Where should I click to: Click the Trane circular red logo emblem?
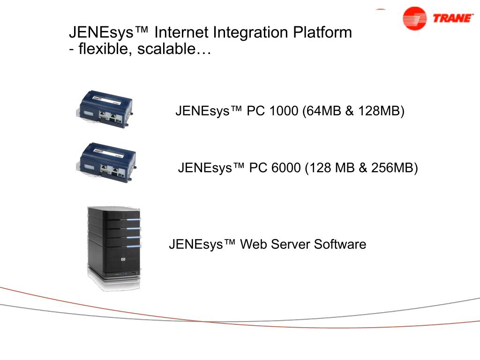click(x=414, y=19)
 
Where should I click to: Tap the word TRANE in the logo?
click(x=453, y=19)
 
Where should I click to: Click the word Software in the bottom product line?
click(x=340, y=245)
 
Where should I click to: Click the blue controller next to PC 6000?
click(x=106, y=161)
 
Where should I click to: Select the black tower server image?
click(x=114, y=246)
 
